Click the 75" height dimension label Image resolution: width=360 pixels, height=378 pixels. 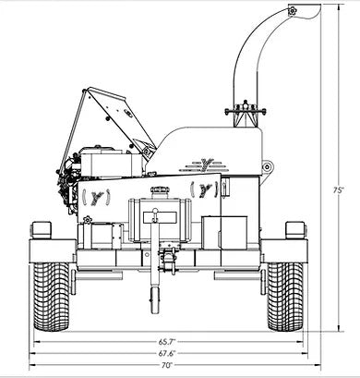(x=338, y=190)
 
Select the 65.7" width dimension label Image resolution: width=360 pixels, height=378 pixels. (x=167, y=342)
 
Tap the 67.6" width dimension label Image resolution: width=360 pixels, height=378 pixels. (x=167, y=353)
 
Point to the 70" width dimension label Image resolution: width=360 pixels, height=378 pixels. (x=167, y=365)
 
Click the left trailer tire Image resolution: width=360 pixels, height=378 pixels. (x=52, y=297)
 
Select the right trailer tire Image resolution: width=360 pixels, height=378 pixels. (x=285, y=297)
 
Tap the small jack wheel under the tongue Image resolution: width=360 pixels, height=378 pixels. (x=155, y=300)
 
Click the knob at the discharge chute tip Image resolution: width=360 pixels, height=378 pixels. (x=293, y=11)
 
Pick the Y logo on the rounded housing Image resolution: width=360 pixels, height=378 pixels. (x=205, y=165)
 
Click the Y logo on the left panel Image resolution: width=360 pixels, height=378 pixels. (x=97, y=197)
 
